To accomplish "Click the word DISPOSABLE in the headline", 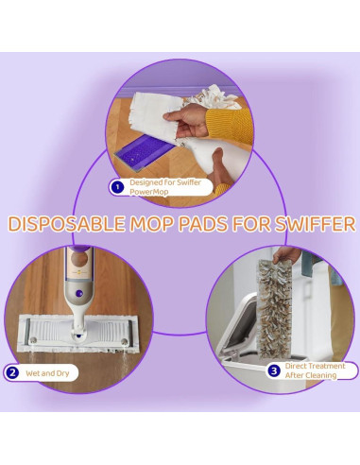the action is point(66,224).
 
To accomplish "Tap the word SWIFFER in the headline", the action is point(315,224).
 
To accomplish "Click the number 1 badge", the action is point(118,187).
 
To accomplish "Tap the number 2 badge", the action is point(12,373).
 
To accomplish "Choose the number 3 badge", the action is point(274,370).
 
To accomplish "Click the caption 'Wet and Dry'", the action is point(47,373).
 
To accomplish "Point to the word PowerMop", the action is point(149,192).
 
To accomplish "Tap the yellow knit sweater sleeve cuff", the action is point(230,124).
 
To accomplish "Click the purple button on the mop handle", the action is point(79,294).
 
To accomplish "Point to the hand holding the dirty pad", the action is point(286,254).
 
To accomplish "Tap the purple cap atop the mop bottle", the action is point(80,249).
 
